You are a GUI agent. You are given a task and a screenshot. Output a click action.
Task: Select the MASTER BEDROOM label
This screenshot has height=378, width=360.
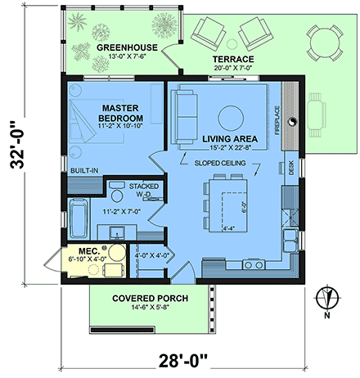pyautogui.click(x=123, y=113)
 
